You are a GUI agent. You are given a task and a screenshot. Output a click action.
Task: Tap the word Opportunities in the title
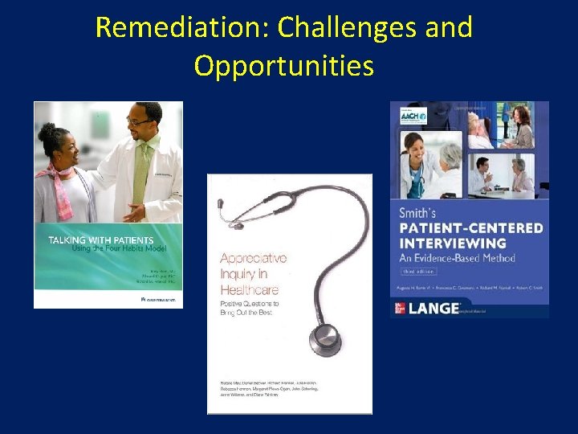point(283,66)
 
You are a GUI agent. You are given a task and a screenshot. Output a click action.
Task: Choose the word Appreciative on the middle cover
point(253,259)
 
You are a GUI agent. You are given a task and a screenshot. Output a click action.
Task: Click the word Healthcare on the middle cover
point(250,290)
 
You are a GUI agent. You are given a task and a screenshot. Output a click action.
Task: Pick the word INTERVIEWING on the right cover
point(455,244)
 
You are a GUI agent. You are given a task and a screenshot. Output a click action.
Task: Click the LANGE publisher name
point(438,308)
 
